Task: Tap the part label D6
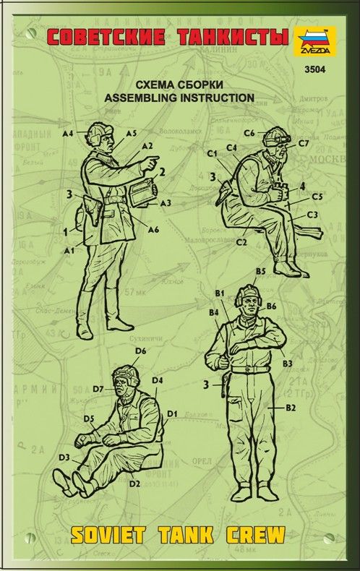140,351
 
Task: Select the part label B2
291,408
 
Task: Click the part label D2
134,484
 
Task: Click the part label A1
69,249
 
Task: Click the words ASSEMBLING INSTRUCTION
179,98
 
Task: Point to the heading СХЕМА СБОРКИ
179,84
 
